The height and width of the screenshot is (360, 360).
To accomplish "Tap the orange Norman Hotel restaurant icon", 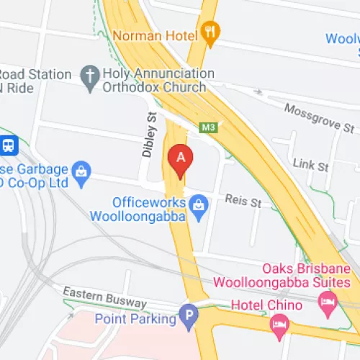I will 211,31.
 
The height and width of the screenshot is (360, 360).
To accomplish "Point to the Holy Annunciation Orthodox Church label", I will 154,79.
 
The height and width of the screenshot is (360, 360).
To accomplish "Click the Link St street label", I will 311,164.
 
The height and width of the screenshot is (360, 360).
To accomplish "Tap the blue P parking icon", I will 189,315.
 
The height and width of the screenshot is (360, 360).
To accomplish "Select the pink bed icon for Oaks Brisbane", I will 328,300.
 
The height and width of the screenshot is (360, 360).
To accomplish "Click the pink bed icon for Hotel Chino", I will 277,328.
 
